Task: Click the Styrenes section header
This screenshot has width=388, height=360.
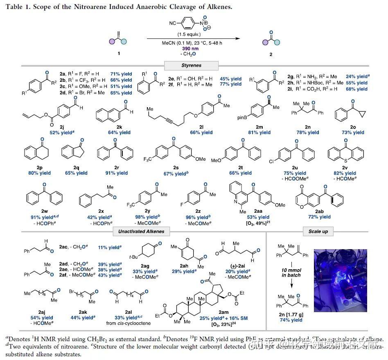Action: click(x=191, y=65)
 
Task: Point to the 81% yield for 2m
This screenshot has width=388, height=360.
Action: click(x=259, y=133)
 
